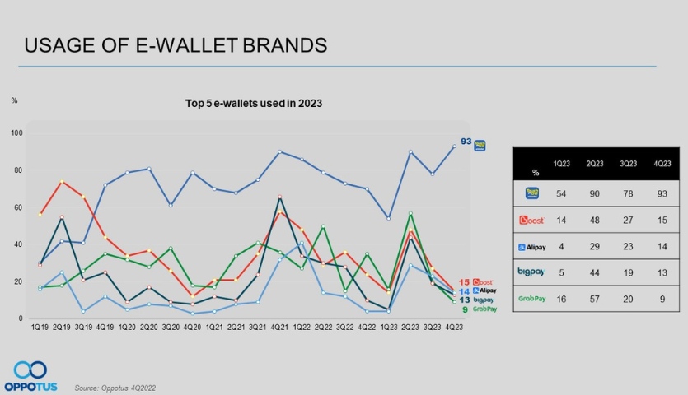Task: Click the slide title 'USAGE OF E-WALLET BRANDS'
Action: pos(176,45)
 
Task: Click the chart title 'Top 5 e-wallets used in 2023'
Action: pos(254,104)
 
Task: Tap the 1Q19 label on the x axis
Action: pos(39,327)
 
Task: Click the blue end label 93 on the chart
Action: pos(466,142)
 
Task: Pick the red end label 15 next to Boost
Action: pos(465,282)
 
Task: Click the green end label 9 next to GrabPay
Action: pos(465,309)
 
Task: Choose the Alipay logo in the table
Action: pos(532,246)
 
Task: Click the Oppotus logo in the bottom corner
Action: pos(30,375)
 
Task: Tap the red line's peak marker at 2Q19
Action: pos(61,182)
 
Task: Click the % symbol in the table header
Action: pos(536,173)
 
